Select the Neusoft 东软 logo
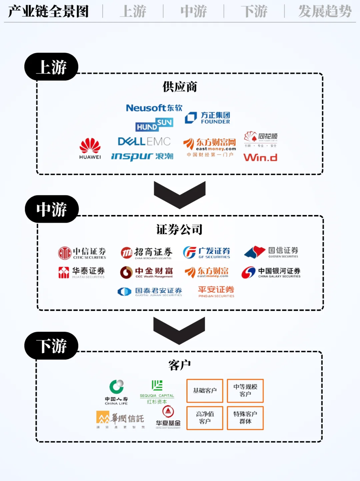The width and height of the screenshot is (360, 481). coord(154,108)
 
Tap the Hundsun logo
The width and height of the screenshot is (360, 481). coord(154,125)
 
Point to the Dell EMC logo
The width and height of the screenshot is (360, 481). coord(144,141)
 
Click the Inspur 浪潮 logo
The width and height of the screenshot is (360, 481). coord(142,156)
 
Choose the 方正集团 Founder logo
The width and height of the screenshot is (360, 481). coord(207,118)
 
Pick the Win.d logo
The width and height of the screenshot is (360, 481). coord(260,157)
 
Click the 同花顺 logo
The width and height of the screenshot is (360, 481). coord(261,138)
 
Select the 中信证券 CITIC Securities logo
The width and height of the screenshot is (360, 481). coord(82,253)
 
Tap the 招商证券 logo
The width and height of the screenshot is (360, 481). coord(146,253)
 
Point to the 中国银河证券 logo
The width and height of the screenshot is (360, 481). coord(271,272)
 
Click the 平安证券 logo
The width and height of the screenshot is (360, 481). coord(216,291)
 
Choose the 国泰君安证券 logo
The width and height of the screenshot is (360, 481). coord(150,292)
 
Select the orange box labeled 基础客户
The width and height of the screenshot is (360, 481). coord(205,390)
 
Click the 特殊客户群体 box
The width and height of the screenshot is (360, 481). coord(245,418)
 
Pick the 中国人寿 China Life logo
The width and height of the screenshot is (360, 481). coord(116,392)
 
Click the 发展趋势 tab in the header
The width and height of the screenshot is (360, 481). coord(325,11)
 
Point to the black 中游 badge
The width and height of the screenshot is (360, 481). coord(52,209)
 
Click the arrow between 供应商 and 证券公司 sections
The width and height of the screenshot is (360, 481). coord(180,195)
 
